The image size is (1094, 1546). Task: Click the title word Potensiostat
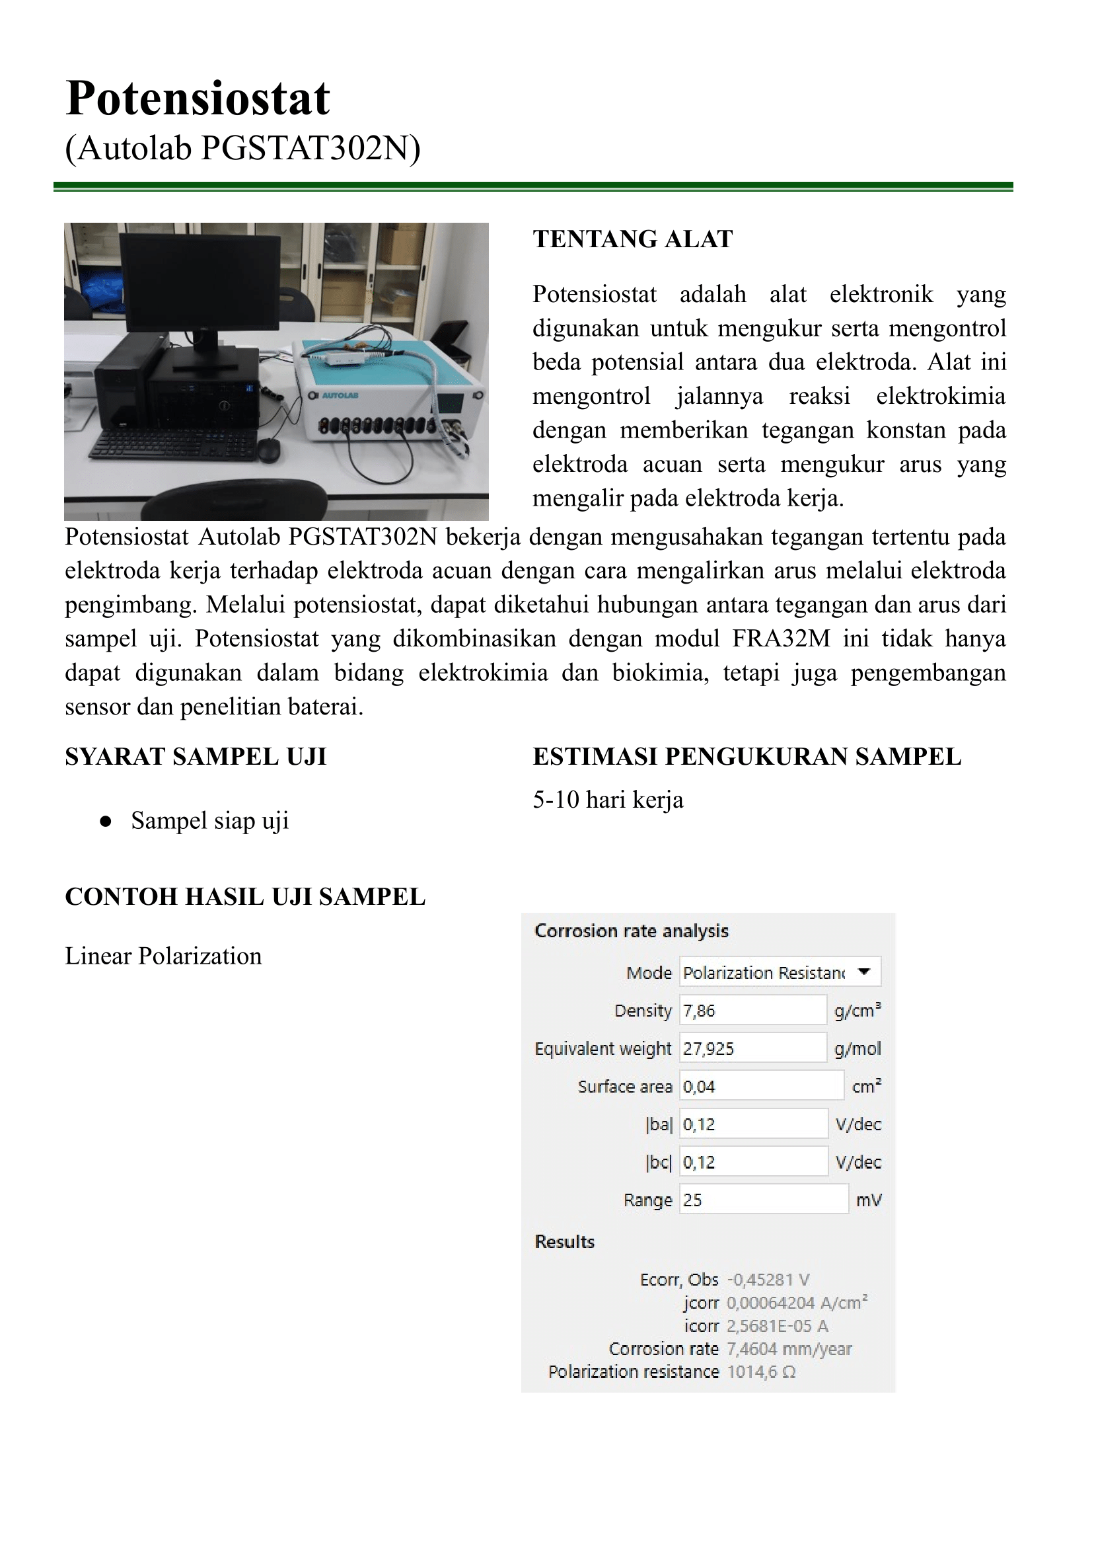(198, 98)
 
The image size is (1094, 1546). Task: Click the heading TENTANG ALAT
(633, 239)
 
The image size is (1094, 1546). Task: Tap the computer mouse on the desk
(270, 449)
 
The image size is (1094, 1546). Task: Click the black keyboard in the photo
(174, 444)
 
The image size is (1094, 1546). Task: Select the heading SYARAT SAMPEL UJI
(196, 757)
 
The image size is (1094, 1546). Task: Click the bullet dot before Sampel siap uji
(105, 822)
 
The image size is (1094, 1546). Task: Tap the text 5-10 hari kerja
(608, 800)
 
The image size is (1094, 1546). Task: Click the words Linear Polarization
(163, 956)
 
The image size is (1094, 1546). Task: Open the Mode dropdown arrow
(864, 972)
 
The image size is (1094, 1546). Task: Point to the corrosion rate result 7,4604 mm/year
(789, 1348)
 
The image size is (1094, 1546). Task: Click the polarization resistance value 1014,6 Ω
(761, 1372)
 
